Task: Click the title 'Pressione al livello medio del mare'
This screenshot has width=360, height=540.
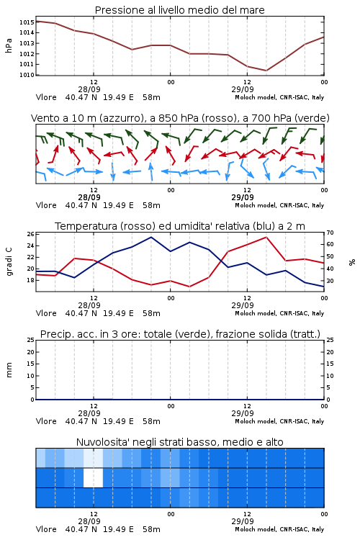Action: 179,10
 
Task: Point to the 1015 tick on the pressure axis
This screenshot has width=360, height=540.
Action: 27,22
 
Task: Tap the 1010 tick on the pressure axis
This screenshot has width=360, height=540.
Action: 27,75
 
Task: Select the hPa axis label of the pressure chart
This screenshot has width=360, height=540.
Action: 9,45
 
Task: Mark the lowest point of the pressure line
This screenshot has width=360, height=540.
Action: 266,71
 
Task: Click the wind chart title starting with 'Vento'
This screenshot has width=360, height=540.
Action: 180,118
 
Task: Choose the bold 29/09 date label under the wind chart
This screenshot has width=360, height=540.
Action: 243,197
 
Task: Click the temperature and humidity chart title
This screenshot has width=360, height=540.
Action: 180,226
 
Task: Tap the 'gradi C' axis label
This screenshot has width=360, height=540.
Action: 9,262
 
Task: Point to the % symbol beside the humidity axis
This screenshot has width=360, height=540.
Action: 352,262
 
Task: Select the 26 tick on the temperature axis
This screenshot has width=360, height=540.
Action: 30,234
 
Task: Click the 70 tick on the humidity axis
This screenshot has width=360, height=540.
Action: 330,233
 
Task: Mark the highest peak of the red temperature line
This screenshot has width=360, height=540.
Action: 266,237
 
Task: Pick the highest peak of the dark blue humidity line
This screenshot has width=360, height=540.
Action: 151,237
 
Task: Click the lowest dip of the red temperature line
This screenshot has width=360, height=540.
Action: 189,287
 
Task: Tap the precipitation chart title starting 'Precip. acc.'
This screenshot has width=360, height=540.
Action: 180,334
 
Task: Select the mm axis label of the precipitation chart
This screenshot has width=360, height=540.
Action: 9,370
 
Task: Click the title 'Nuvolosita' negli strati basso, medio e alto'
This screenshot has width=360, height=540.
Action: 179,442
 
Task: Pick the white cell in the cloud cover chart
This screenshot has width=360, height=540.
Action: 93,477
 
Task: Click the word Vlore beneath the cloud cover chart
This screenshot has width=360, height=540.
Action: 46,529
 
